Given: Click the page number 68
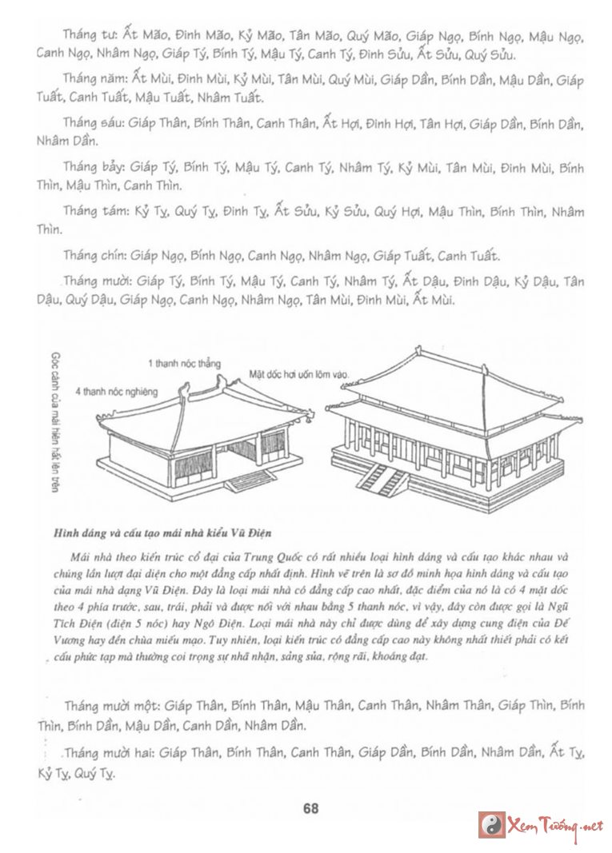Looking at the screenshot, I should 311,807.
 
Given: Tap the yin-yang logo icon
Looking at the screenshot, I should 492,824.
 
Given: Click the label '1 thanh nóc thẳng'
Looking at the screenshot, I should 183,364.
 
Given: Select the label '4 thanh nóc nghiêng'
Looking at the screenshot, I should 117,392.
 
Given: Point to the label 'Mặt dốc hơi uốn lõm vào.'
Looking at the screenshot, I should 299,373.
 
